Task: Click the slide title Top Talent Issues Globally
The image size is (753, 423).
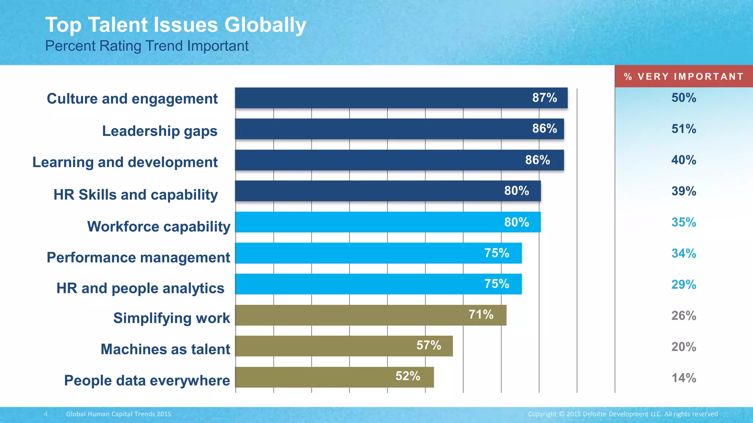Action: click(175, 25)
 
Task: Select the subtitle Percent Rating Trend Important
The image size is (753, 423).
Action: click(147, 46)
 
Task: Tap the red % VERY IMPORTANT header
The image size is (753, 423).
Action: click(684, 76)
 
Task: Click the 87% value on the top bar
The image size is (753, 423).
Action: click(545, 98)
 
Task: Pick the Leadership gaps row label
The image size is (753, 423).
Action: click(160, 131)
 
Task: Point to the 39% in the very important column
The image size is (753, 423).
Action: click(684, 191)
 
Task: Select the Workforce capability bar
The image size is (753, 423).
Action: click(368, 222)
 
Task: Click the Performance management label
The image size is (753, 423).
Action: click(138, 257)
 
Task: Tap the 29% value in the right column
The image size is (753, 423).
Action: click(684, 285)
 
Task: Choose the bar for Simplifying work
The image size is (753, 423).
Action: click(349, 315)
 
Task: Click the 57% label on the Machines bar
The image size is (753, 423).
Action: click(428, 346)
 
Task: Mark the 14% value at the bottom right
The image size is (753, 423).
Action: click(684, 378)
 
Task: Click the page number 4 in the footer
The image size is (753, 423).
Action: click(46, 414)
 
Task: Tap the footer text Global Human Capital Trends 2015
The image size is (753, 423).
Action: click(118, 414)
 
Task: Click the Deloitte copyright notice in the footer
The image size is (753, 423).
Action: click(623, 414)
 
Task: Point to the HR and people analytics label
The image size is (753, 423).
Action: click(140, 288)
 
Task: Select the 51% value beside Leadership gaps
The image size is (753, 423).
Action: click(684, 129)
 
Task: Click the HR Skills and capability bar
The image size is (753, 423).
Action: click(368, 191)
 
